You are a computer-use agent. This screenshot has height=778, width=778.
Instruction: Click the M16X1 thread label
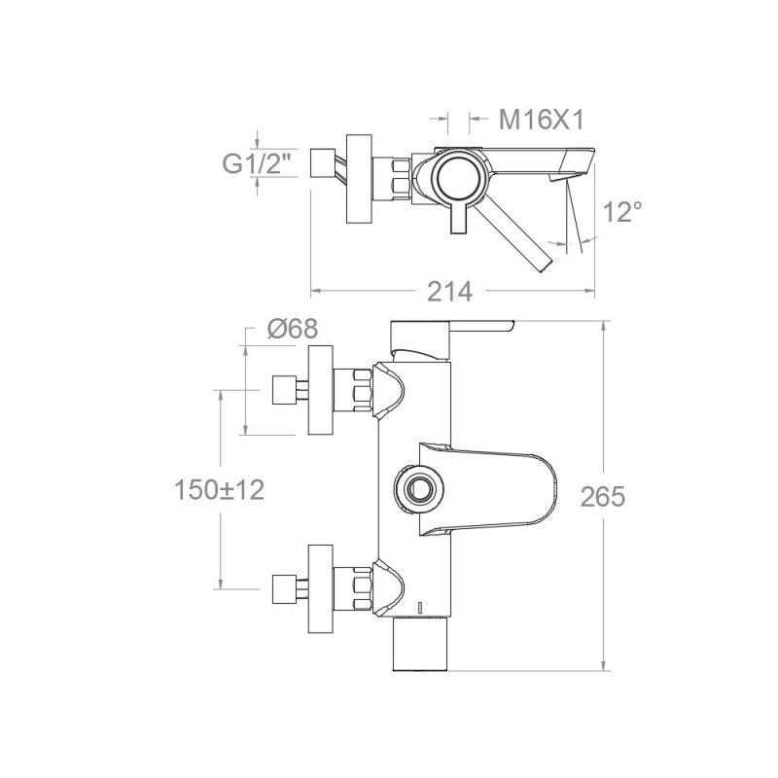(542, 120)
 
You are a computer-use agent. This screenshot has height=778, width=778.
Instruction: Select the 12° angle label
(622, 211)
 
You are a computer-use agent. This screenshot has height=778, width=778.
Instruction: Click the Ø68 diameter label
(293, 328)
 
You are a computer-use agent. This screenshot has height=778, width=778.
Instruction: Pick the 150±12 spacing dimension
(220, 490)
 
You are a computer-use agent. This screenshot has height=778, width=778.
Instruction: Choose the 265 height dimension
(603, 497)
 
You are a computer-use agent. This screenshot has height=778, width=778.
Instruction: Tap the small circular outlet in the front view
(419, 490)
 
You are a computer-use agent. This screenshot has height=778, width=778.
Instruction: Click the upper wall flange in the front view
(320, 391)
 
